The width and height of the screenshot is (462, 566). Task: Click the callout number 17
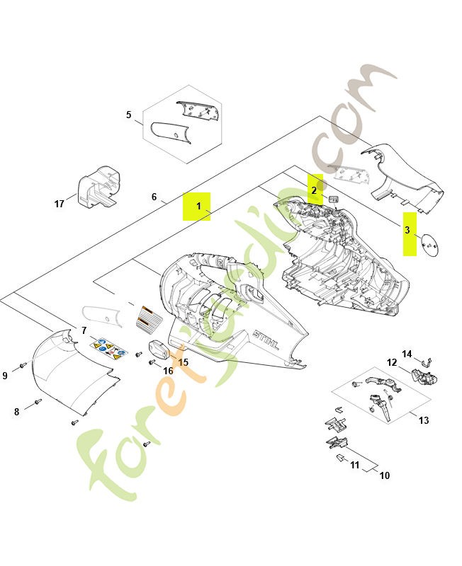coord(59,204)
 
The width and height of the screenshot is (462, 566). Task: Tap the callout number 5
coord(129,115)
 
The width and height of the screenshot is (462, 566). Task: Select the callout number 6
coord(154,197)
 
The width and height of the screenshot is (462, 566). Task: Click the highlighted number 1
coord(198,206)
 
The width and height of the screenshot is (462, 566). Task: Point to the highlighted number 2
coord(314,190)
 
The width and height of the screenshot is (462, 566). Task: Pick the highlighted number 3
coord(407,230)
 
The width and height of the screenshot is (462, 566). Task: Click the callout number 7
coord(84,330)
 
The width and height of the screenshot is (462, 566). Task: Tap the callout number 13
coord(424,420)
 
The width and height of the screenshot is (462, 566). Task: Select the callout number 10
coord(385,475)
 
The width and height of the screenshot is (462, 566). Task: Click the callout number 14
coord(407,354)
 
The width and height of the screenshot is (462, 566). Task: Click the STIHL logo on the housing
coord(266,340)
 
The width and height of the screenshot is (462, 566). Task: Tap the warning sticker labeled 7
coord(109,347)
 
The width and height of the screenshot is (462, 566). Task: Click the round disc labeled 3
coord(430,245)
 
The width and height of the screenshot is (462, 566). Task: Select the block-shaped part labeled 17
coord(98,187)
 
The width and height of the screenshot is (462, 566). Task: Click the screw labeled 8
coord(38,401)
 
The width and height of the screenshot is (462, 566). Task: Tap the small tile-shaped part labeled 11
coord(341,458)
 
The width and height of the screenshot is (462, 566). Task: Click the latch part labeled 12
coord(424,377)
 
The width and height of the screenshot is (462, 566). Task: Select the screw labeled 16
coord(152,362)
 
